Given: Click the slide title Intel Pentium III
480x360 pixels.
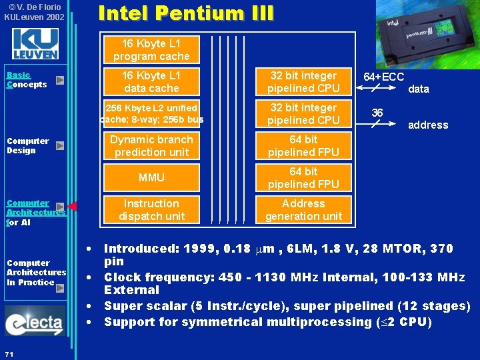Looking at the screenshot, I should click(x=185, y=13).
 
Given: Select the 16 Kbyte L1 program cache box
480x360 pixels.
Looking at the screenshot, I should click(x=151, y=50).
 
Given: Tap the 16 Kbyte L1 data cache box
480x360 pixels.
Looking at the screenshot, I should click(x=151, y=82).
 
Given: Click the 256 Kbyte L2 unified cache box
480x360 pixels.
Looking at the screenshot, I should click(x=151, y=114).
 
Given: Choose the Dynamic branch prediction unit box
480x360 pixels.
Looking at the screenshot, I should click(x=151, y=146).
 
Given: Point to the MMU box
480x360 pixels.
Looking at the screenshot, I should click(x=151, y=178).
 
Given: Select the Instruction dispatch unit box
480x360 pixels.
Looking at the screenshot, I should click(x=151, y=210).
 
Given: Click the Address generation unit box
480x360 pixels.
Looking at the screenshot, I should click(x=303, y=210).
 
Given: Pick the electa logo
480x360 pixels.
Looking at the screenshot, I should click(x=34, y=321).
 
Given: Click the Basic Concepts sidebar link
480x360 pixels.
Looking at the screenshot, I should click(x=26, y=80).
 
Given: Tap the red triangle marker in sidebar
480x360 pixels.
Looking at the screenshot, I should click(x=73, y=207).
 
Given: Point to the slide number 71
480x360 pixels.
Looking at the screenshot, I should click(x=9, y=353).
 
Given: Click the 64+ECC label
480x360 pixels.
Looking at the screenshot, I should click(x=383, y=77).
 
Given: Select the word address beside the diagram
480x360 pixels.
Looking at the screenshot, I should click(x=428, y=125).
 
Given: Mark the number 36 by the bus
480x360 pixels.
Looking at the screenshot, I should click(x=377, y=113).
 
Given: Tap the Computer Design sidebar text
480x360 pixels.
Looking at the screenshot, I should click(x=27, y=145).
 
